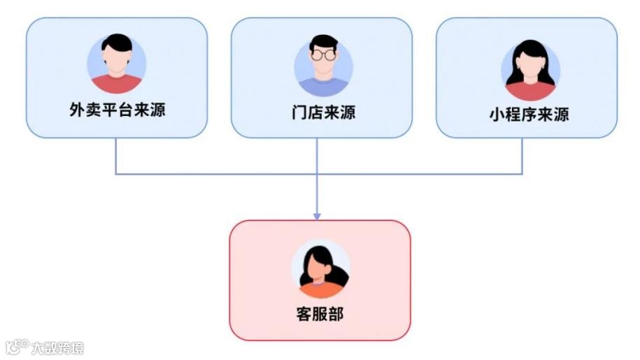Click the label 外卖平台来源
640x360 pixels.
pyautogui.click(x=117, y=110)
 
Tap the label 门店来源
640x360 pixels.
pyautogui.click(x=323, y=112)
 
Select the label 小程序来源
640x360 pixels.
pyautogui.click(x=529, y=115)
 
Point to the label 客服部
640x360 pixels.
pyautogui.click(x=320, y=314)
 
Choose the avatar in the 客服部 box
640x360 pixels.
pyautogui.click(x=320, y=268)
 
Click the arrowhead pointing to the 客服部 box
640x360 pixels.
pyautogui.click(x=317, y=215)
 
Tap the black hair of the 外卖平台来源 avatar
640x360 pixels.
pyautogui.click(x=117, y=43)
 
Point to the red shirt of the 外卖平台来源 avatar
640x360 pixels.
pyautogui.click(x=117, y=85)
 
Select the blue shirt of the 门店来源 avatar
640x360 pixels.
pyautogui.click(x=323, y=87)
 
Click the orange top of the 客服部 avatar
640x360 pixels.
pyautogui.click(x=320, y=289)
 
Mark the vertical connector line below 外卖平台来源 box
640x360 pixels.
pyautogui.click(x=115, y=155)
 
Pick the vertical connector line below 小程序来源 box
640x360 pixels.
pyautogui.click(x=522, y=155)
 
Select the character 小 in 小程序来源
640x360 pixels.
pyautogui.click(x=497, y=115)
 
